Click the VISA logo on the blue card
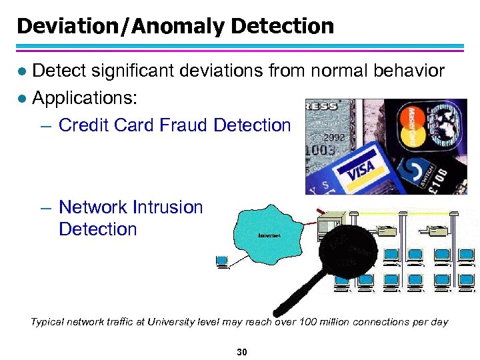360,169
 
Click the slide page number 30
242,351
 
